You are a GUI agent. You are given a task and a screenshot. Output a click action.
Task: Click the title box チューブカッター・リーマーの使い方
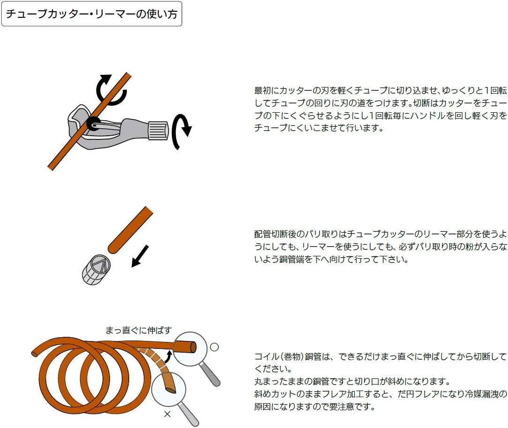point(92,14)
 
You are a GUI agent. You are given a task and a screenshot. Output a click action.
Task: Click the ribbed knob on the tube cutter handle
point(158,130)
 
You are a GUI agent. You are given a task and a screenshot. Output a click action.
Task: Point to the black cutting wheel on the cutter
point(94,123)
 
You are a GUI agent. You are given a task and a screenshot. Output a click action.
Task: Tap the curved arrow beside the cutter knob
point(182,131)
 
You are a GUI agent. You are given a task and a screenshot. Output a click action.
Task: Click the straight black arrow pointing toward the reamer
point(140,256)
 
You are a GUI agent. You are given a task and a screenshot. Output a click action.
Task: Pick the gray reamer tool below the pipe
point(96,270)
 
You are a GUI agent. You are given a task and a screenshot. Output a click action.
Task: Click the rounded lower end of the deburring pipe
point(112,249)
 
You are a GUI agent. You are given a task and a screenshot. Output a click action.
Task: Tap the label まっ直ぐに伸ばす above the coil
point(138,330)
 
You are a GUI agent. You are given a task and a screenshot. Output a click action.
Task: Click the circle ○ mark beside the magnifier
point(214,347)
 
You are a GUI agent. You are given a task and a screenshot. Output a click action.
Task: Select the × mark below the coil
point(167,414)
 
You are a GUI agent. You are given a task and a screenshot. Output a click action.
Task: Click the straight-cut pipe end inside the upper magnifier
point(193,347)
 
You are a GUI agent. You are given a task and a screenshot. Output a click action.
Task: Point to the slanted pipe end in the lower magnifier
point(171,390)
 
